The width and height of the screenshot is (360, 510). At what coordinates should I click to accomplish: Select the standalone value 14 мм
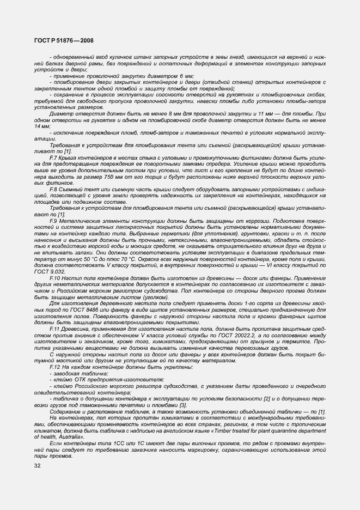tap(42, 126)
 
